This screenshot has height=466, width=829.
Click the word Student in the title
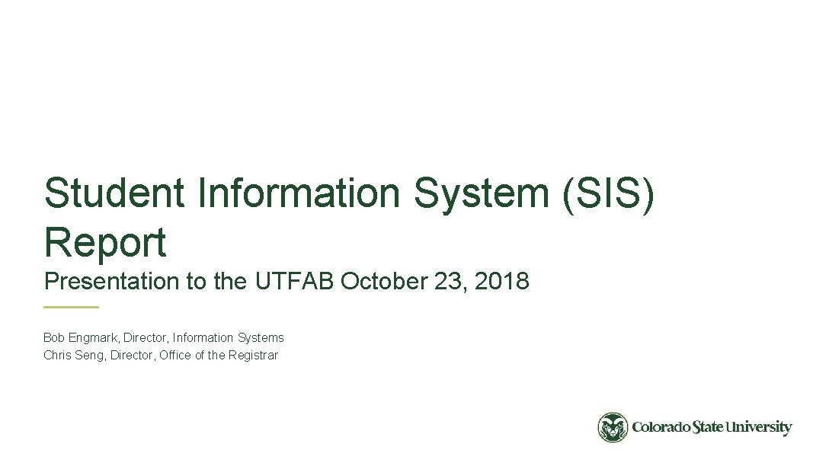pyautogui.click(x=114, y=193)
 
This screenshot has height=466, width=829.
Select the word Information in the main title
pyautogui.click(x=299, y=193)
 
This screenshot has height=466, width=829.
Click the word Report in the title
pyautogui.click(x=104, y=242)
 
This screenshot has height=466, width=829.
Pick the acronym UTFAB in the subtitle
pyautogui.click(x=292, y=282)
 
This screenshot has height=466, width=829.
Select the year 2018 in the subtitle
pyautogui.click(x=501, y=282)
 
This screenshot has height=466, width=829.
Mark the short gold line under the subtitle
pyautogui.click(x=71, y=307)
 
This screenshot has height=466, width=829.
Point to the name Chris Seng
pyautogui.click(x=74, y=355)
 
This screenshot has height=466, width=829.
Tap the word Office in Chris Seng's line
pyautogui.click(x=175, y=355)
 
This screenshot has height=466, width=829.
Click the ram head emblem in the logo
pyautogui.click(x=613, y=428)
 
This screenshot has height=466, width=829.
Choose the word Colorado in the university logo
pyautogui.click(x=661, y=428)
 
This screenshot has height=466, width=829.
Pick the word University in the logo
pyautogui.click(x=758, y=428)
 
